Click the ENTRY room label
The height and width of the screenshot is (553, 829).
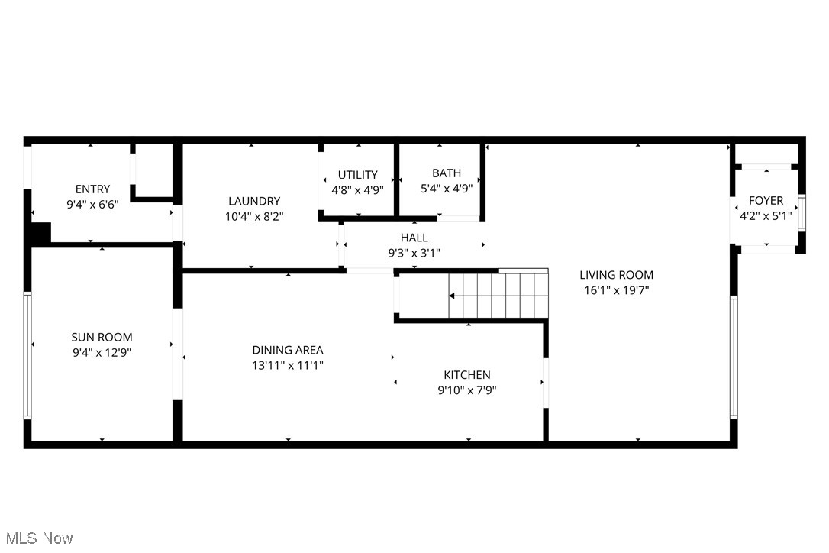(x=92, y=189)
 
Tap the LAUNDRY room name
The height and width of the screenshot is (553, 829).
(x=254, y=201)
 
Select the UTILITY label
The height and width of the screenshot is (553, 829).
(x=358, y=175)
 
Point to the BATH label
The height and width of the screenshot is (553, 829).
(x=447, y=173)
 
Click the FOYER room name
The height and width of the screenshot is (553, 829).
(x=766, y=201)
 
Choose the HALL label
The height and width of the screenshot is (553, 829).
(x=414, y=238)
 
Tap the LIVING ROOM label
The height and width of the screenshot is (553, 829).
(x=616, y=275)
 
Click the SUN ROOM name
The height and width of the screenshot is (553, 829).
(x=102, y=337)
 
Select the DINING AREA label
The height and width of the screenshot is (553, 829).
(x=288, y=350)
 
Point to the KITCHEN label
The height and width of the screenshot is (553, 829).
(x=467, y=374)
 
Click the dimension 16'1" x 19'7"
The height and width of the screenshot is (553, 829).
(x=616, y=290)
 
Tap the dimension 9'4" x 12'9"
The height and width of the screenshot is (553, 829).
(x=102, y=352)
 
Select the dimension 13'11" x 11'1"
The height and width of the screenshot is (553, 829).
(x=288, y=365)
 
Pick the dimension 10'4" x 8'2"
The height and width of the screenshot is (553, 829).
(x=254, y=216)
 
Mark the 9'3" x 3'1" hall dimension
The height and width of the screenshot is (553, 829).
(x=414, y=253)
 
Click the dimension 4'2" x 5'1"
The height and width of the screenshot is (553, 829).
(x=766, y=216)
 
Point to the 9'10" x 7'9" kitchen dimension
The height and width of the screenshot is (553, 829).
(x=467, y=390)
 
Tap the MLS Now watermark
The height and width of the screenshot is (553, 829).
(x=37, y=538)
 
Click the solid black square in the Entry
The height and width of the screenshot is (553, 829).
(x=40, y=232)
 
